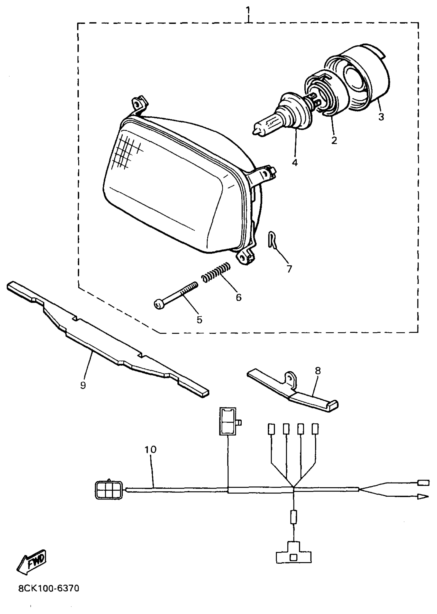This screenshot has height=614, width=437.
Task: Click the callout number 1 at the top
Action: point(248,11)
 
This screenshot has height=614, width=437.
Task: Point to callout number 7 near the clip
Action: point(289,269)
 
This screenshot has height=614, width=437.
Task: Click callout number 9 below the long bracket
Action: point(83,385)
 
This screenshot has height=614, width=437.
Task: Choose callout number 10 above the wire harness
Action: point(150,449)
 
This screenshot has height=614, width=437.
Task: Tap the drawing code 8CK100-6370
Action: point(49,589)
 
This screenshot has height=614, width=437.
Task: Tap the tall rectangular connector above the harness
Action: point(228,421)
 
